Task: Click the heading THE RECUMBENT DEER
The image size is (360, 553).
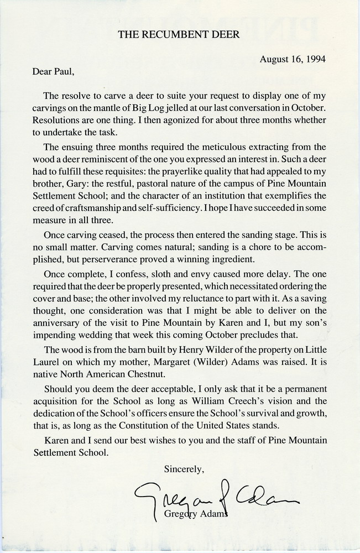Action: (179, 34)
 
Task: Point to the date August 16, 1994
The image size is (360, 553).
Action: (293, 60)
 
